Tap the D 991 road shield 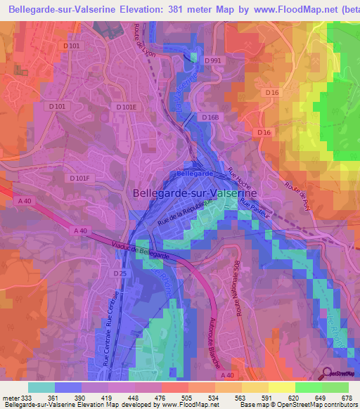[213, 61]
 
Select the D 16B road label [210, 117]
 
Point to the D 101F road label [82, 178]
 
